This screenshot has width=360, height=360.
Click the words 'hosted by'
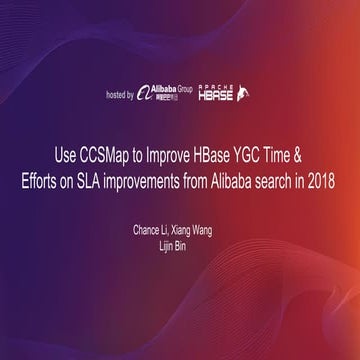119,95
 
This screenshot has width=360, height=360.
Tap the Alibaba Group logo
165,94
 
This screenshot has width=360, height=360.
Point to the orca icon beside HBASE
242,95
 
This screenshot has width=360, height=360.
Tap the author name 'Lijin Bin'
180,243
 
